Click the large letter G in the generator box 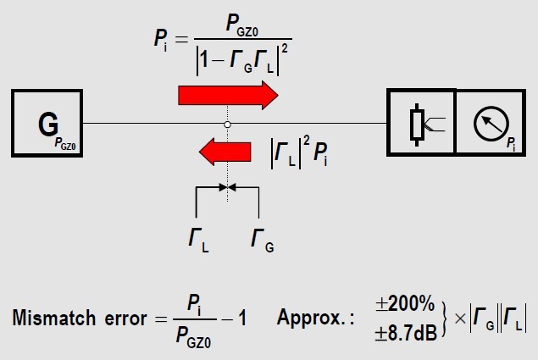click(48, 124)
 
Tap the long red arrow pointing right click(228, 96)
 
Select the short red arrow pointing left click(225, 152)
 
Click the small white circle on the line click(227, 125)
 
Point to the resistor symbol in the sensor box click(417, 125)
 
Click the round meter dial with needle click(491, 124)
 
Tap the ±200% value click(405, 304)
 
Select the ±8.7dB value click(406, 332)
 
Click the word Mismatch click(54, 318)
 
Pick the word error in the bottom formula click(126, 318)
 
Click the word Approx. click(312, 318)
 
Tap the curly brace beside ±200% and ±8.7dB click(444, 318)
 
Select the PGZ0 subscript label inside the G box click(65, 143)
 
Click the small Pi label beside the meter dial click(511, 144)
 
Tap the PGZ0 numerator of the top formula click(242, 25)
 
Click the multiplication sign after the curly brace click(460, 318)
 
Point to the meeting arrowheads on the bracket click(227, 187)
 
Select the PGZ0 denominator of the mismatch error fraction click(193, 337)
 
